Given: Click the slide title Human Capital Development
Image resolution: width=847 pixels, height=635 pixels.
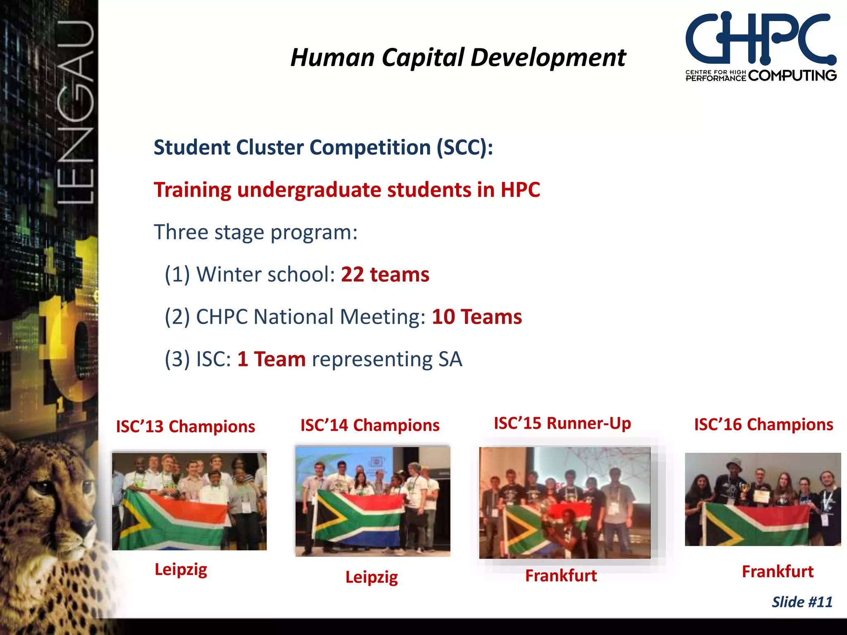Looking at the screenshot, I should (458, 57).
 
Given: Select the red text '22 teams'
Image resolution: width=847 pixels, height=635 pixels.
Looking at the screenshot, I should (385, 275).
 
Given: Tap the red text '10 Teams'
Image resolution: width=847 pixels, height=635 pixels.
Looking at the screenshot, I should (476, 317).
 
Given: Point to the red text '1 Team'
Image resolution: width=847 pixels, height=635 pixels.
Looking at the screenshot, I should (271, 359).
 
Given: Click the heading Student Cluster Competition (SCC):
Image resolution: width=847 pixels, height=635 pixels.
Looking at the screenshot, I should (323, 148).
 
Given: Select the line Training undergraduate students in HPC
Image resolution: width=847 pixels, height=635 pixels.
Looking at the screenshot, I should (347, 190).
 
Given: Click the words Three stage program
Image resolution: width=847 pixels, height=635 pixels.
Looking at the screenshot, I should (255, 232).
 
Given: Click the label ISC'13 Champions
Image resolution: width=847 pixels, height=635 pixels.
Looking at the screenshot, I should (185, 427).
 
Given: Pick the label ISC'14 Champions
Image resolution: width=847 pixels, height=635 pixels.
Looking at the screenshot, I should (370, 425).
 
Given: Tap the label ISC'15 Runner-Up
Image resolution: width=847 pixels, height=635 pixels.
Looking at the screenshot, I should (562, 423).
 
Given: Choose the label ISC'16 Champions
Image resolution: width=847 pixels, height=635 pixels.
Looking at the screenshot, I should (763, 425).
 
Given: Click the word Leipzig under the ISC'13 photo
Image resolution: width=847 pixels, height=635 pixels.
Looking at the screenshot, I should (181, 570).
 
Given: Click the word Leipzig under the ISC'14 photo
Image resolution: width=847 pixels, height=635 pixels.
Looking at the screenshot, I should (371, 577).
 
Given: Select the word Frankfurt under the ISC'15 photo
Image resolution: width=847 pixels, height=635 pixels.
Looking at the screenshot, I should (561, 576).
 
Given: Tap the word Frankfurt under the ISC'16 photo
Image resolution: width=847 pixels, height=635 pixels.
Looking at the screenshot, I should (777, 572).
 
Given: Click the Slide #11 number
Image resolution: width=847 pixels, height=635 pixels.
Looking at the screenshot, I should (802, 602).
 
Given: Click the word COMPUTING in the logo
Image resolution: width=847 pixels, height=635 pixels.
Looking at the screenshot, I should (792, 76).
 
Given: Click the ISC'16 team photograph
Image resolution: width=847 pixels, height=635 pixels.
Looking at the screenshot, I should (763, 499).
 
